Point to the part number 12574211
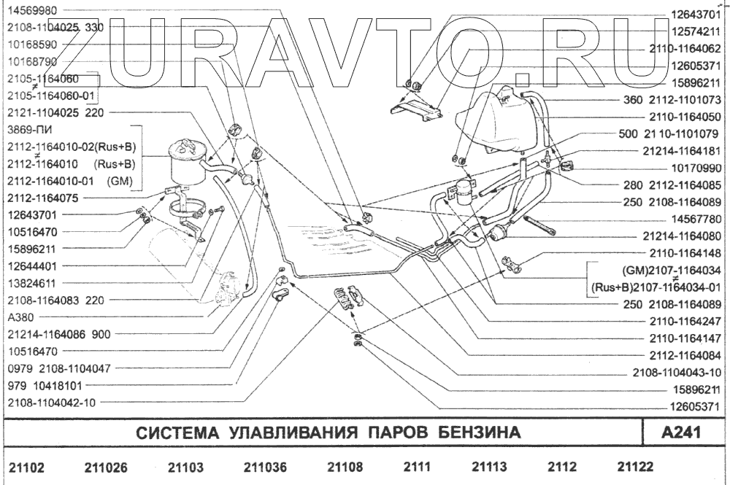pyautogui.click(x=696, y=31)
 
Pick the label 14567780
pyautogui.click(x=696, y=218)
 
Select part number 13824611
pyautogui.click(x=34, y=282)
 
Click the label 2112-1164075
pyautogui.click(x=44, y=198)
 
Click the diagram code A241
pyautogui.click(x=680, y=432)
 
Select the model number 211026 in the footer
pyautogui.click(x=106, y=467)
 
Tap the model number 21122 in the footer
pyautogui.click(x=635, y=467)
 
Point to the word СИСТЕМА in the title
pyautogui.click(x=177, y=432)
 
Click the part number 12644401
pyautogui.click(x=34, y=265)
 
